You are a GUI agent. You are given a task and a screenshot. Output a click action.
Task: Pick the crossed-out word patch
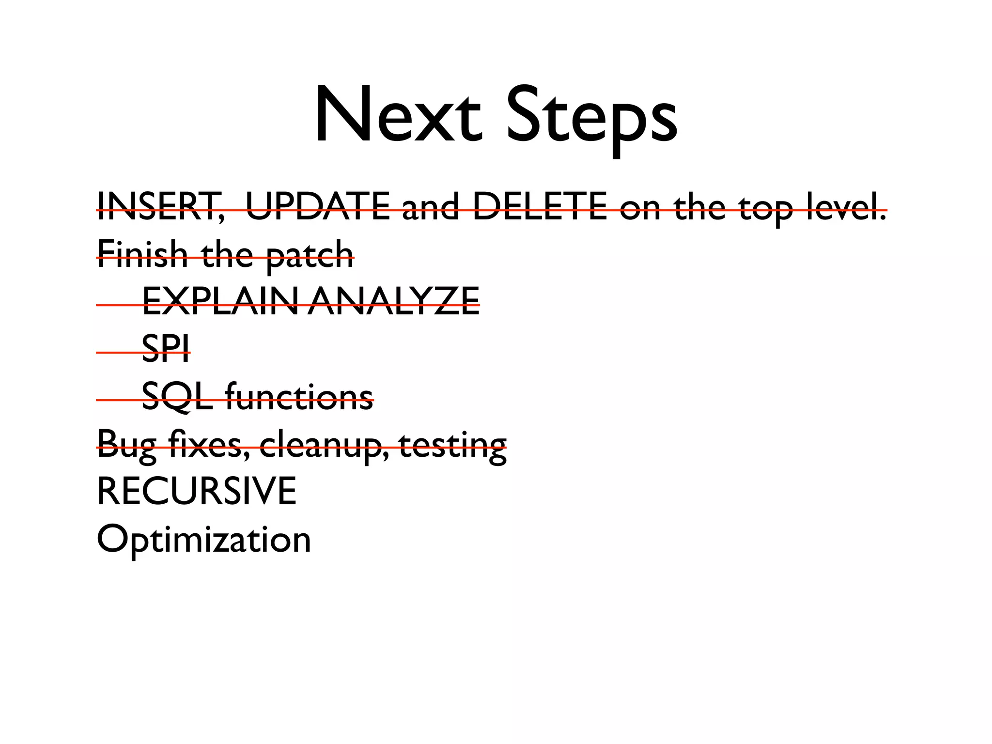point(310,256)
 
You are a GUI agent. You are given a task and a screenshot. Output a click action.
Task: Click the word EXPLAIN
point(220,301)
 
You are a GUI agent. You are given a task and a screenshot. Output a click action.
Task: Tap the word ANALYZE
point(393,301)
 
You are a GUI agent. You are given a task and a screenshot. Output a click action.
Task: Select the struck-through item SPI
point(166,348)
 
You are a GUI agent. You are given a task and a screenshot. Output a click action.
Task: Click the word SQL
point(177,397)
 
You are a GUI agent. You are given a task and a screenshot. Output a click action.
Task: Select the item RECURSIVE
point(197,491)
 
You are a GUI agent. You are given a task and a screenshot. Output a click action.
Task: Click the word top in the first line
point(766,208)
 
